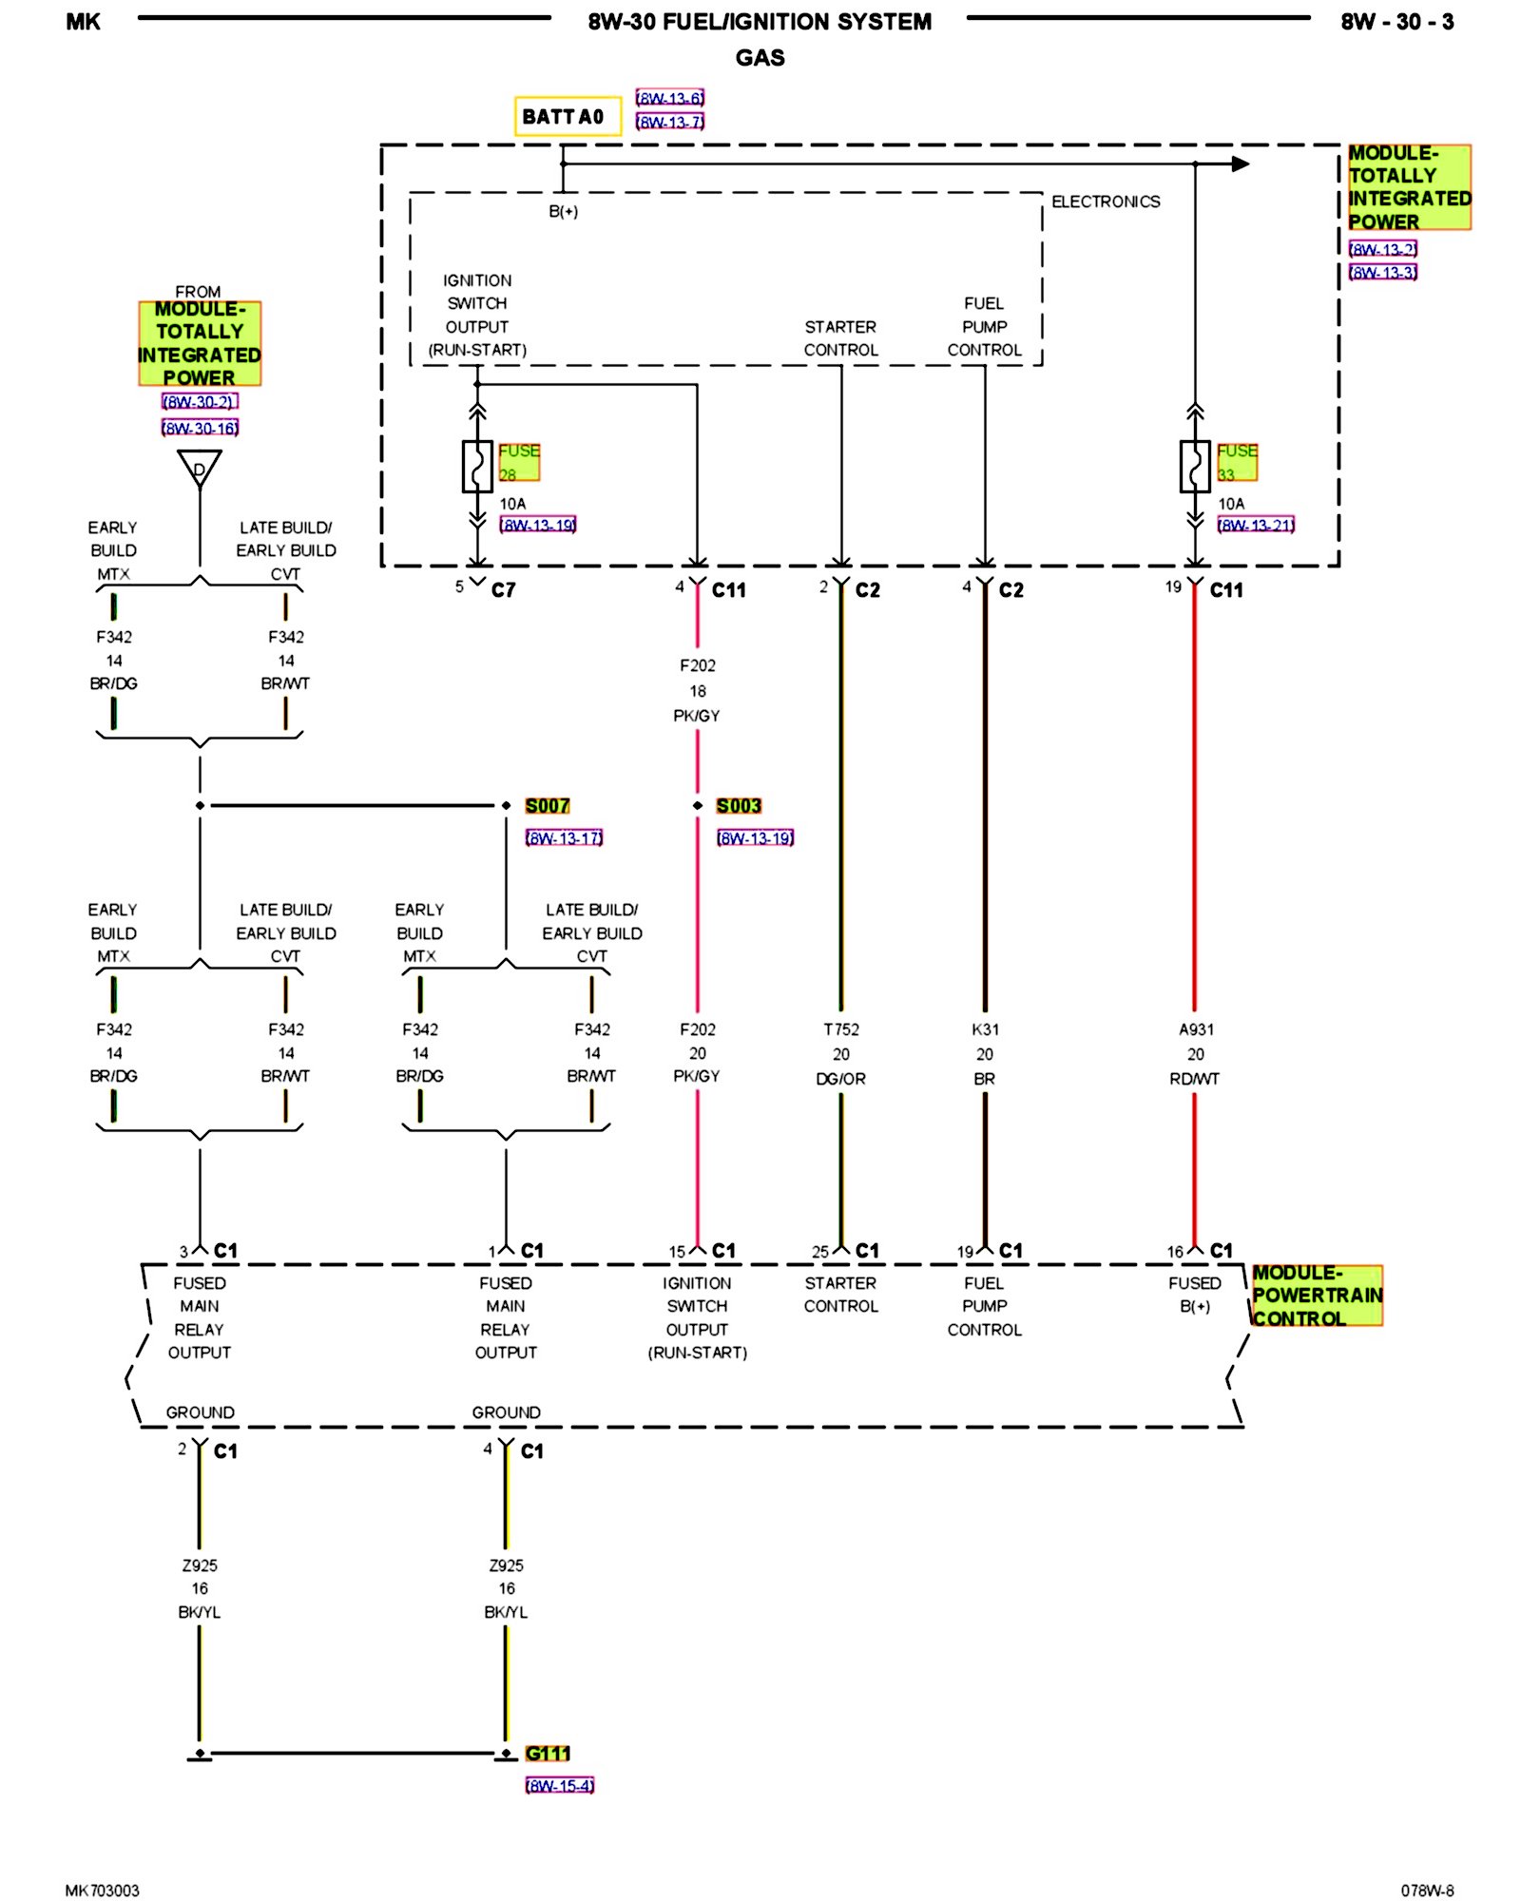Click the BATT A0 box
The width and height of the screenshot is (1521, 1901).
568,116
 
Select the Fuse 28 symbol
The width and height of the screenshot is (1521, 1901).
477,466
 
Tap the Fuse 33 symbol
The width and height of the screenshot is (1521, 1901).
1195,466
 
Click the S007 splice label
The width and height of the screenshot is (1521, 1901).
548,806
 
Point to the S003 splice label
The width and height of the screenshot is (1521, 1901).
739,806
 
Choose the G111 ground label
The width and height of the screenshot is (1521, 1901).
548,1754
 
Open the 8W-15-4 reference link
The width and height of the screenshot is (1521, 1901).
560,1786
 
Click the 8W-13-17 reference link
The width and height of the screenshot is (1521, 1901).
564,837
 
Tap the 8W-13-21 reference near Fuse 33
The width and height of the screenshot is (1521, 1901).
1256,525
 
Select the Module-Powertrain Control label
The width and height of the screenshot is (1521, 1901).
1317,1296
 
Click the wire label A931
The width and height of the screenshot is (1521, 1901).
1196,1029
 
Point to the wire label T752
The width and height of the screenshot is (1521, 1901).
841,1029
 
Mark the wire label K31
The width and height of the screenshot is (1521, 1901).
985,1029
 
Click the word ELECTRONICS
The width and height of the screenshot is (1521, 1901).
1106,202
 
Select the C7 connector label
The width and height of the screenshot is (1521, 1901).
503,590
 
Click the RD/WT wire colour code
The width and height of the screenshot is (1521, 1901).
1195,1079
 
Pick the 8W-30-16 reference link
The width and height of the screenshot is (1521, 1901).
200,428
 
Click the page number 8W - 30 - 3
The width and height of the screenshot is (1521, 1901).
1396,22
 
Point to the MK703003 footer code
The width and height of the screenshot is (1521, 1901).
103,1891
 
